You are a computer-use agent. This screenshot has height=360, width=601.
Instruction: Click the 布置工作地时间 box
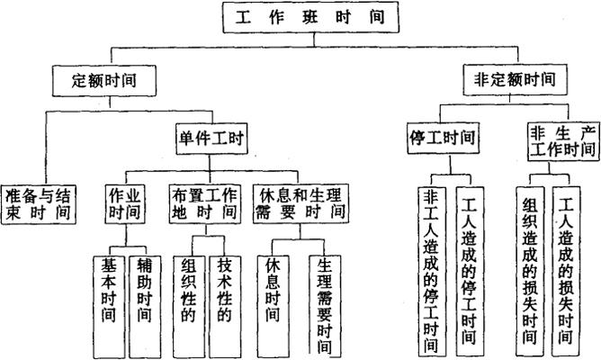pyautogui.click(x=205, y=203)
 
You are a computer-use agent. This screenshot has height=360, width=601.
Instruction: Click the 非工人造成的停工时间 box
pyautogui.click(x=432, y=270)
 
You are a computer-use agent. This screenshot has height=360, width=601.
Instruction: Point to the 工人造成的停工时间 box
pyautogui.click(x=467, y=270)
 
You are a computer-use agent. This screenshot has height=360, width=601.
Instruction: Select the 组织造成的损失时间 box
pyautogui.click(x=530, y=270)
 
